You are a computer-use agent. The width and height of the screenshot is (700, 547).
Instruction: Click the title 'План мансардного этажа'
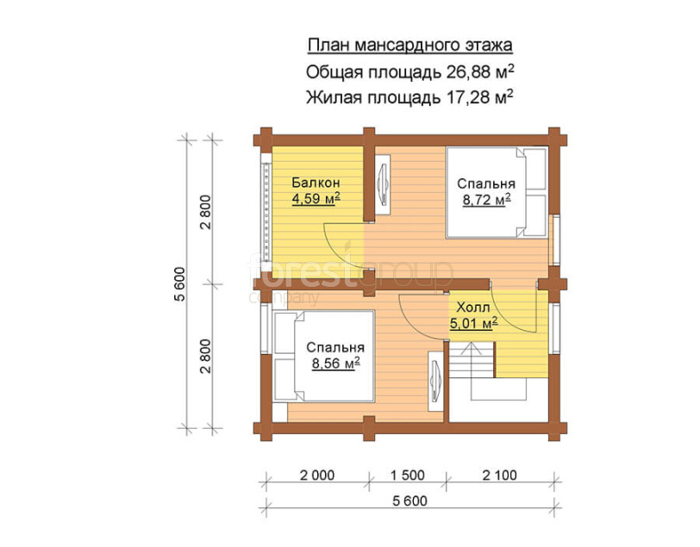coord(409,46)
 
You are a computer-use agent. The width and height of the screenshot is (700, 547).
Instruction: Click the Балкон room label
coord(316,183)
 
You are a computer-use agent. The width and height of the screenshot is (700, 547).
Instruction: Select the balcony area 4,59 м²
coord(316,198)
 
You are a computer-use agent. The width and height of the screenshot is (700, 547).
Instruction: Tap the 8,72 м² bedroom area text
coord(486,200)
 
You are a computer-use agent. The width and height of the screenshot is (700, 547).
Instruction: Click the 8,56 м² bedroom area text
coord(335,364)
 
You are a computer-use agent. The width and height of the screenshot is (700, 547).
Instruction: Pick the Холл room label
coord(473,307)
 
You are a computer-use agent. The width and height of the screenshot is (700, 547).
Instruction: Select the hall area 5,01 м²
coord(473,322)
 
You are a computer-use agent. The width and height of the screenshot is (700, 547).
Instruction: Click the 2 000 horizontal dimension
coord(317,476)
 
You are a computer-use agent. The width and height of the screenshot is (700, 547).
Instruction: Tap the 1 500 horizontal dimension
coord(408,476)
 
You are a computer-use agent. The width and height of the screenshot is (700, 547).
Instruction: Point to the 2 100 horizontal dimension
coord(499,476)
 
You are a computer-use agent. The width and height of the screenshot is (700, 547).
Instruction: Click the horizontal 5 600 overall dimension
coord(409,501)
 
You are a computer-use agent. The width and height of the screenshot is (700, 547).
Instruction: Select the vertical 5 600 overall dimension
coord(180,284)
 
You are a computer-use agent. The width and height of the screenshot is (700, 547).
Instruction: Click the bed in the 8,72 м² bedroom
coord(497,192)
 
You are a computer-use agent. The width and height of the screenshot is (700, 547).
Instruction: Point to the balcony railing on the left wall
coord(266,212)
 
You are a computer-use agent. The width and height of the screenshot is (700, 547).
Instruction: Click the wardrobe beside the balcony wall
coord(383,184)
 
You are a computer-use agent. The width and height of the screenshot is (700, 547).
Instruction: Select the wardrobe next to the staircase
coord(435,381)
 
